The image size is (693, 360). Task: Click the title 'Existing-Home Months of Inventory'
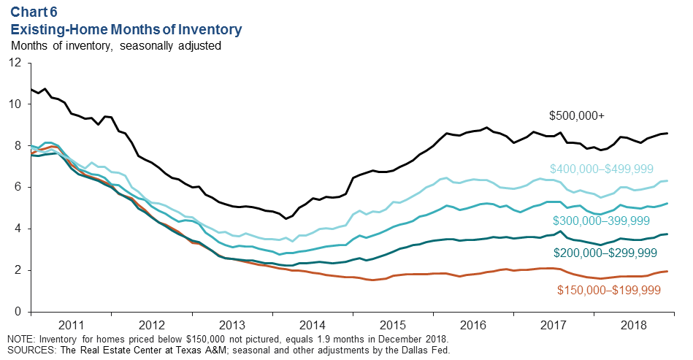[x=126, y=30]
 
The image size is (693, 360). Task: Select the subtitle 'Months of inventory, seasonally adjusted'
[x=116, y=45]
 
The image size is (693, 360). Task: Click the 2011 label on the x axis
[x=70, y=324]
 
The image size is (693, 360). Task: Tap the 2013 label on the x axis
[x=231, y=324]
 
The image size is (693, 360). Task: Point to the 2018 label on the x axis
[x=635, y=324]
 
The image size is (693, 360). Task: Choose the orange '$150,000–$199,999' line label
[x=609, y=290]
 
